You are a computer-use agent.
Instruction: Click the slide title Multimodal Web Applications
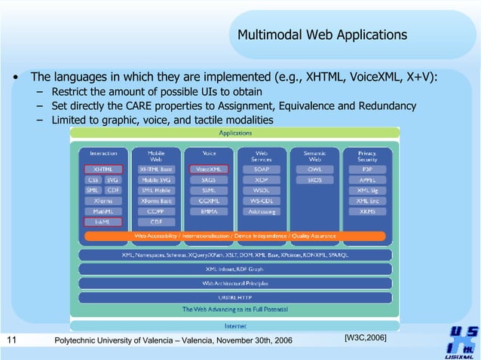click(322, 35)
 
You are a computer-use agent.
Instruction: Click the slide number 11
click(11, 341)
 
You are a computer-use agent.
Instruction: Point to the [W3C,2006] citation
click(366, 337)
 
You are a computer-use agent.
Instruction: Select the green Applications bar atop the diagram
click(235, 133)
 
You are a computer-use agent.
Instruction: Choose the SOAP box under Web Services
click(261, 170)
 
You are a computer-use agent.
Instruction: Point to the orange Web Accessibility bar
click(235, 236)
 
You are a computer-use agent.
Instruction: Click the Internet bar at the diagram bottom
click(235, 326)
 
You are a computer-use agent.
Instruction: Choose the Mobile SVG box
click(155, 181)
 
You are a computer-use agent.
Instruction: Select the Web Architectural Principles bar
click(235, 283)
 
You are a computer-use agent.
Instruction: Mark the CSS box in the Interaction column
click(92, 181)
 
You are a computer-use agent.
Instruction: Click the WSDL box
click(261, 191)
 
